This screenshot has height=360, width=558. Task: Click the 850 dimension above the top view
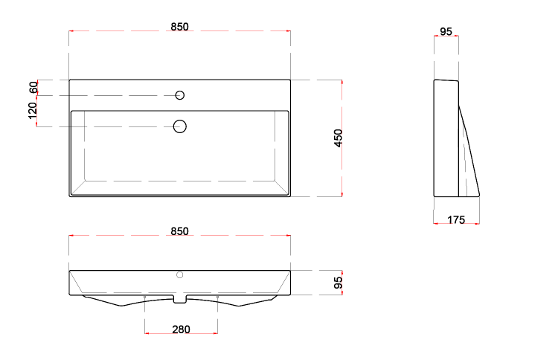point(179,27)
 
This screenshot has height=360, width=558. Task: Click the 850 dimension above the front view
point(179,231)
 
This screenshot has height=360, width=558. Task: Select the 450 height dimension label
point(338,138)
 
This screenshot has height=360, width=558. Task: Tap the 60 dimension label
point(33,88)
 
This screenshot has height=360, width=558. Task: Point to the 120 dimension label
point(33,111)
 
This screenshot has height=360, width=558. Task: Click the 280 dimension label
point(181,330)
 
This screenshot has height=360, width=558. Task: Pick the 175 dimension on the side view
point(456,220)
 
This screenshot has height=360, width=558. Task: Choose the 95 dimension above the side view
point(446,32)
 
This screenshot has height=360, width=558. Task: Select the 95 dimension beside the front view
point(338,283)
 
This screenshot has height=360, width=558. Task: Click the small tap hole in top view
point(180,95)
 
